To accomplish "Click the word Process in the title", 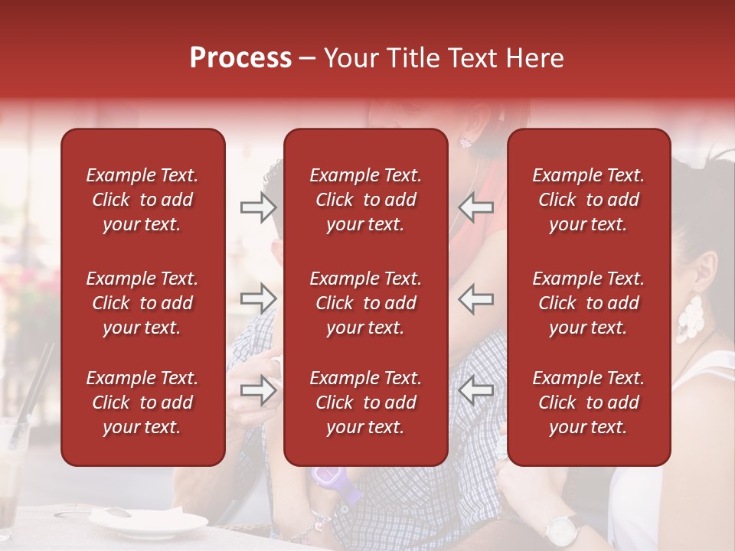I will coord(240,58).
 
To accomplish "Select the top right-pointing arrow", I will coord(258,207).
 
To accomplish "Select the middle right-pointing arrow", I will coord(258,298).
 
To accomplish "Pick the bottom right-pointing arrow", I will coord(258,390).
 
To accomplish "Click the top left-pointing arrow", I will coord(475,207).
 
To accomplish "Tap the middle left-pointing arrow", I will coord(475,298).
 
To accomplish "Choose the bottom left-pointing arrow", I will coord(475,390).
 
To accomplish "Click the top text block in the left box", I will coord(142,200).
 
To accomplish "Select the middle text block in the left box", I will coord(142,303).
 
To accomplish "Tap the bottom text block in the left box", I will coord(142,403).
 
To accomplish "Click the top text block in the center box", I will coord(365,200).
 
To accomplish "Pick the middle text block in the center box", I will coord(365,303).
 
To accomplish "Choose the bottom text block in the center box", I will coord(365,403).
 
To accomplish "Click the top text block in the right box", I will coord(588,200).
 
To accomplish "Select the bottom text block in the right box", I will coord(588,403).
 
